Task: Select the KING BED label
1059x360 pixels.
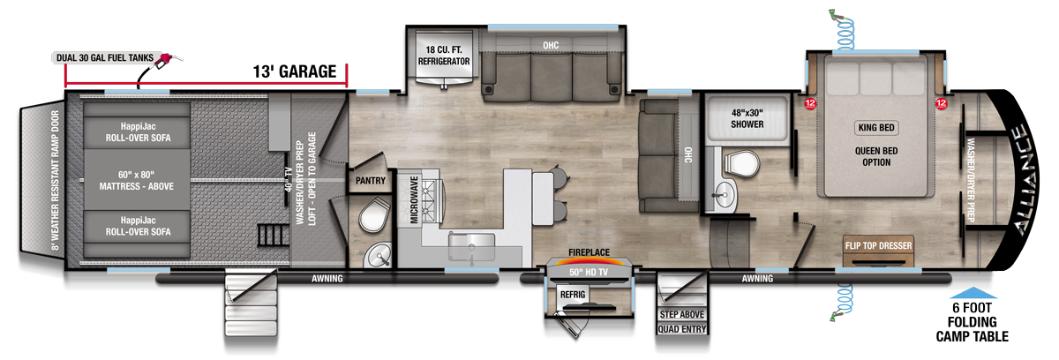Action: point(876,128)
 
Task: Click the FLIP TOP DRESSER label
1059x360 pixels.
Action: point(878,244)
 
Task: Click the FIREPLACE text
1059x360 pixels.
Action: point(590,251)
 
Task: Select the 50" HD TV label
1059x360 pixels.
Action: point(590,272)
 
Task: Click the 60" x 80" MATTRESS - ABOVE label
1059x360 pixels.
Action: point(137,181)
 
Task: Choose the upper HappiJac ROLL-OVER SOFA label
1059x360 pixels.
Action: point(137,133)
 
